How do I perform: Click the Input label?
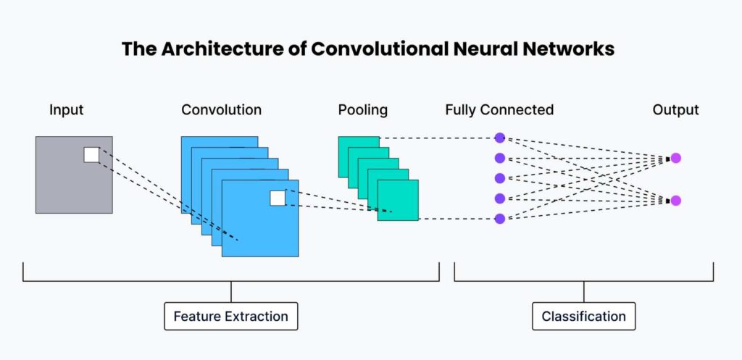click(66, 110)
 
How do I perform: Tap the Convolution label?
click(221, 110)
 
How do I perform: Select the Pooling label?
click(362, 110)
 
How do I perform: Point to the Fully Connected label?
click(499, 110)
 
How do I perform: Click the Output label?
click(676, 110)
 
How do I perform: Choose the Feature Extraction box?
click(231, 316)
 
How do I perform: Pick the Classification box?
click(583, 316)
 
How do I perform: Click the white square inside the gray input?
click(92, 155)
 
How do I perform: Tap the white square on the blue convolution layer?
click(278, 198)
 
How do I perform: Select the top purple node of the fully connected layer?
click(500, 138)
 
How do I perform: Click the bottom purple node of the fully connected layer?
click(500, 219)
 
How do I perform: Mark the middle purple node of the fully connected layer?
click(500, 178)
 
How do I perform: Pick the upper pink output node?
click(676, 158)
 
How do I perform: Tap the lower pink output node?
click(676, 201)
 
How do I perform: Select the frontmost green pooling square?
click(398, 200)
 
